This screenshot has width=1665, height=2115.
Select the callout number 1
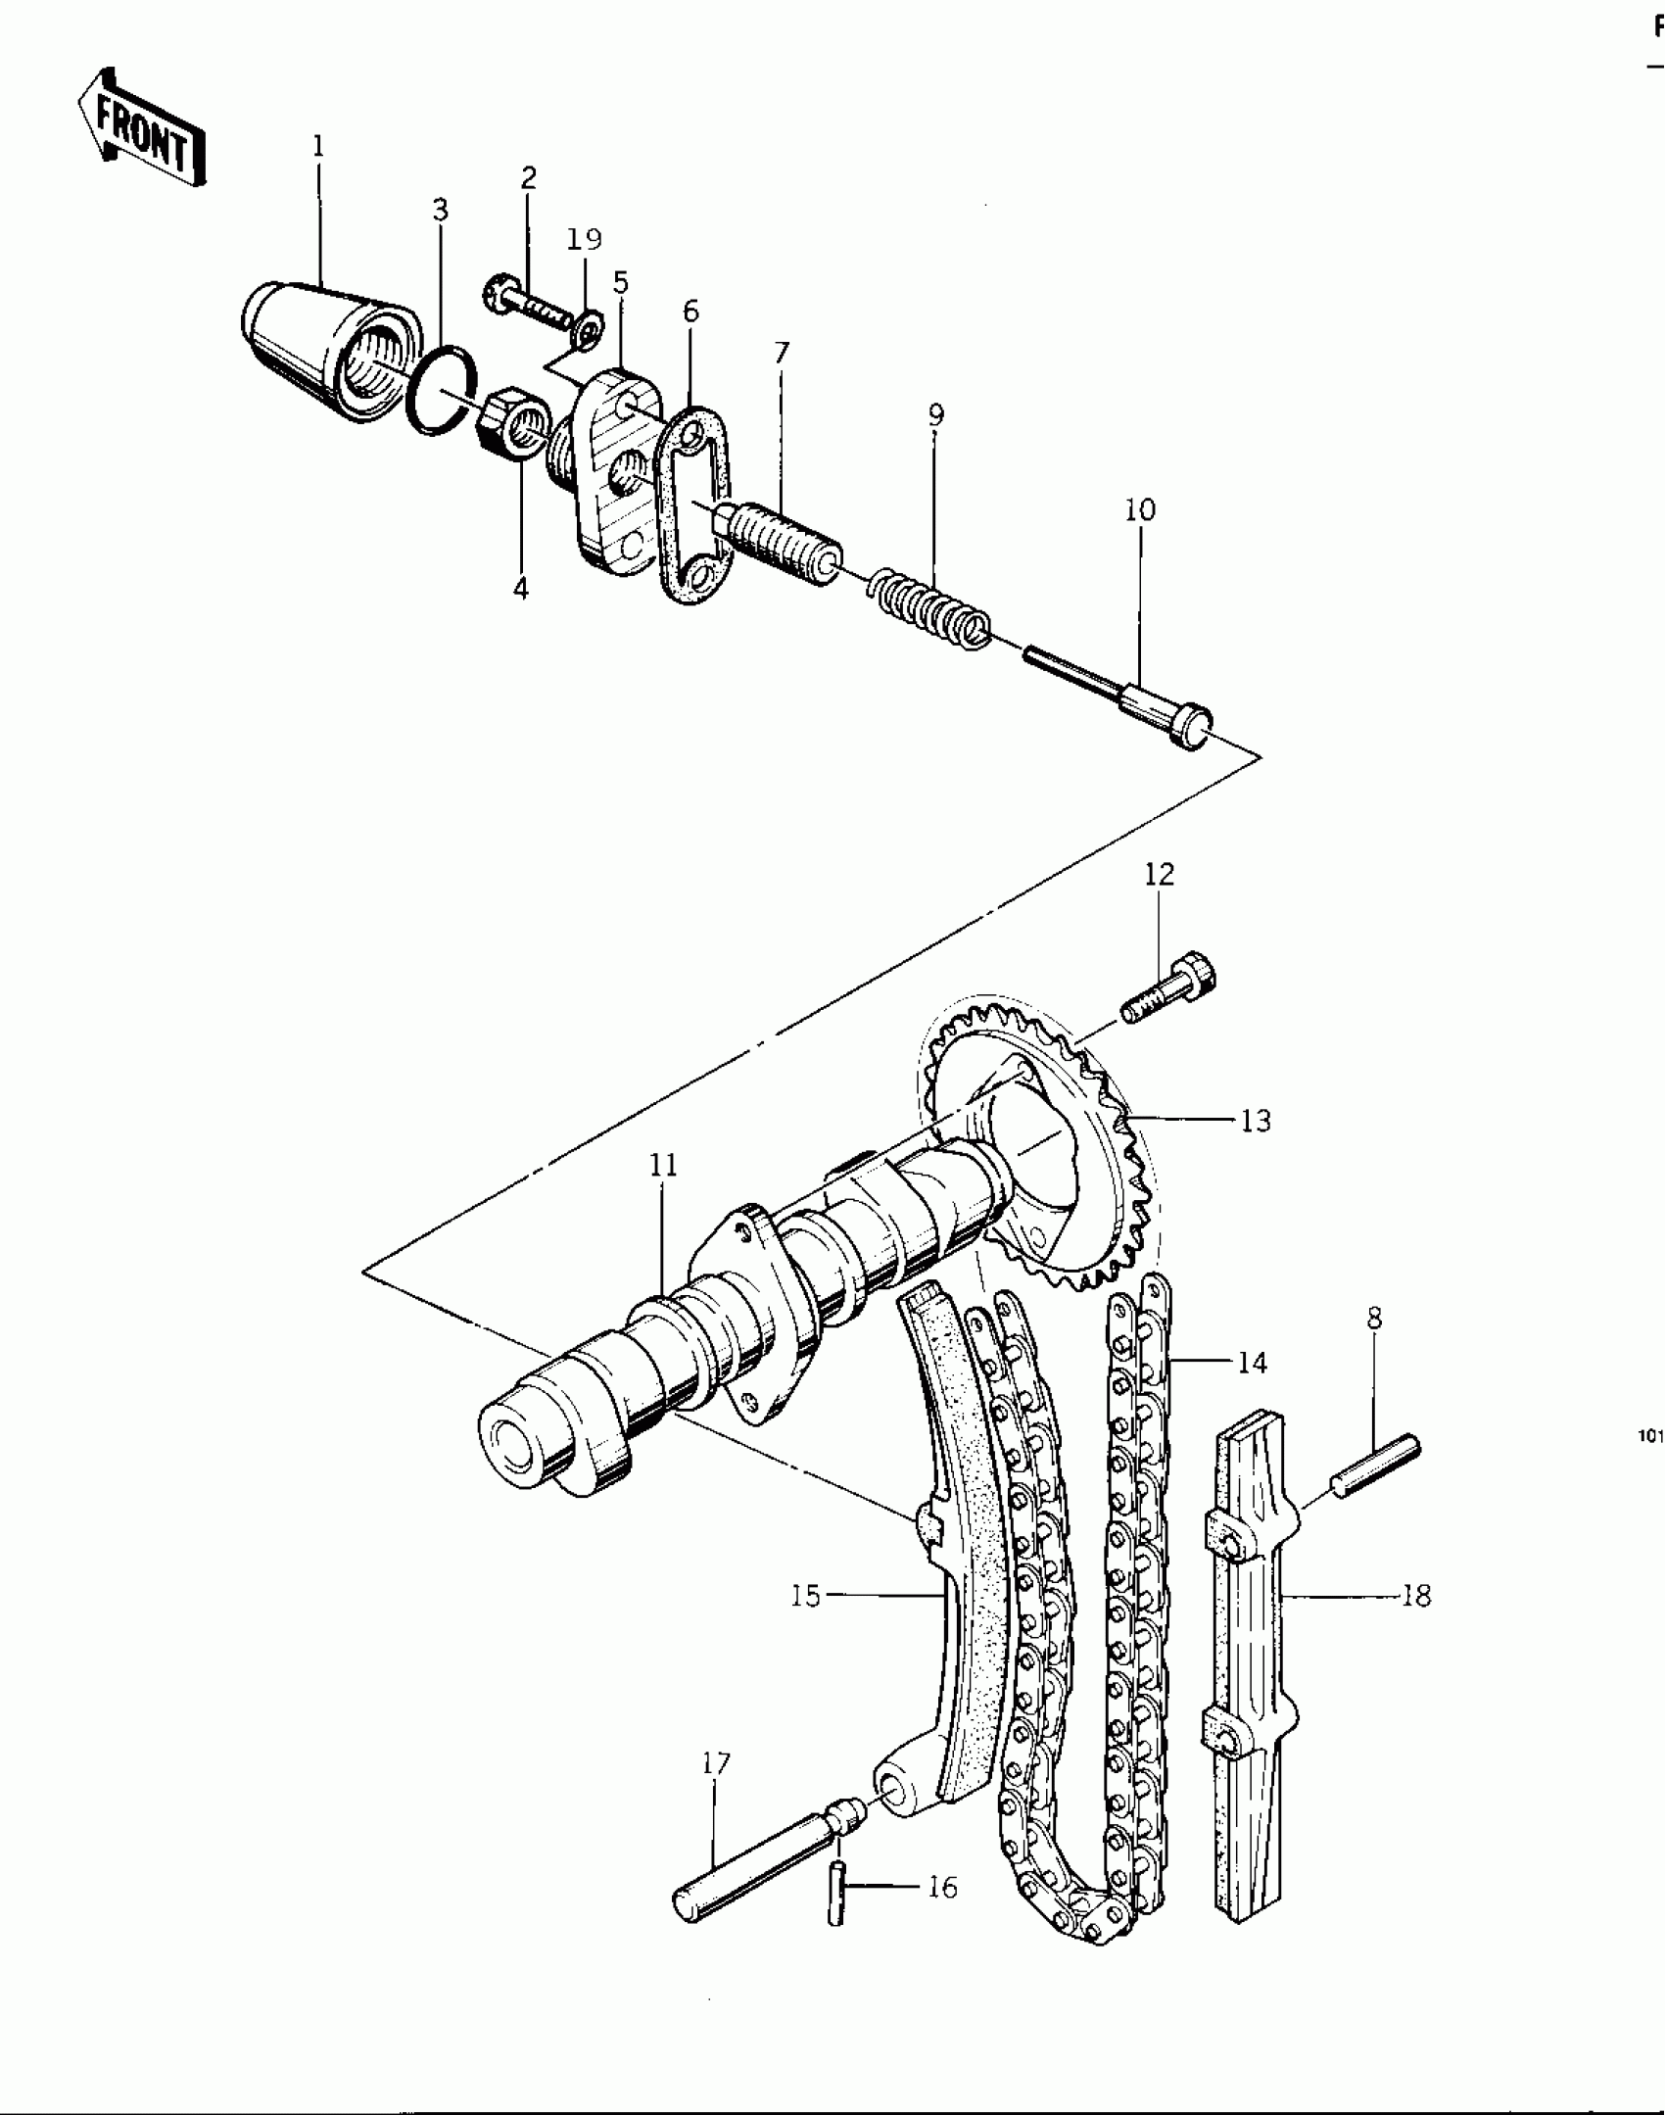318,147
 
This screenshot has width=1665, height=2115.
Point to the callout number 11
663,1166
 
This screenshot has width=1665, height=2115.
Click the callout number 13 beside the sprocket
1255,1121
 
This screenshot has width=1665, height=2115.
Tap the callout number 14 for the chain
1252,1363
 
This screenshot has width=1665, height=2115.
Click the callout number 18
1415,1596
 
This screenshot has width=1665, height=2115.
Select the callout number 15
806,1596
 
